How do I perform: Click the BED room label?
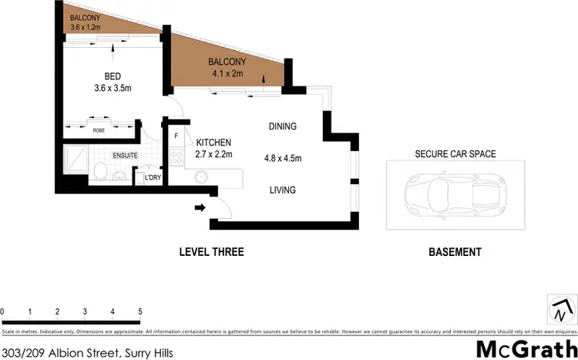[113, 76]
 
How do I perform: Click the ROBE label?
[99, 130]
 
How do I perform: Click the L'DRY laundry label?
[153, 178]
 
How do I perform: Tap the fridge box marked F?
[176, 137]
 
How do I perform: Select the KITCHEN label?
[213, 143]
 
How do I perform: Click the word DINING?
[283, 126]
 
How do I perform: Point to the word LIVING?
[283, 190]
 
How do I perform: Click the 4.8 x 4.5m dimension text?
[283, 158]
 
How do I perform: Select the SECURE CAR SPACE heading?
[455, 154]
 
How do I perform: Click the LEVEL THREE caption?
[211, 252]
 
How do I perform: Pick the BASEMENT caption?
[455, 252]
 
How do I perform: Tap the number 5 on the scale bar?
[140, 311]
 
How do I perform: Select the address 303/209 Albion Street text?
[86, 353]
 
